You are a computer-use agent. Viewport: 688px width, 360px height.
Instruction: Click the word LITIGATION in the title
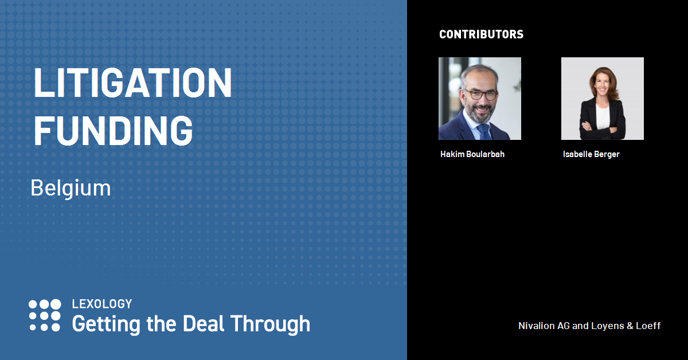[132, 83]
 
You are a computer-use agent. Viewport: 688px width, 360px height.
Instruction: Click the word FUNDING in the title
[113, 131]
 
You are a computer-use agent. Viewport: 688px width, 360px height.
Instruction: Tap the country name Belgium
[71, 188]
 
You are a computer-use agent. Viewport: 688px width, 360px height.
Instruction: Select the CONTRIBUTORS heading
[481, 34]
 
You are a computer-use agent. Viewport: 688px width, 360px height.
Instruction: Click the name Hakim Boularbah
[472, 154]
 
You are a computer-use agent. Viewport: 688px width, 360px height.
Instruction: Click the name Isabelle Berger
[591, 154]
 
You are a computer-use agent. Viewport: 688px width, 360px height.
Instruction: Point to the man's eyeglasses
[481, 95]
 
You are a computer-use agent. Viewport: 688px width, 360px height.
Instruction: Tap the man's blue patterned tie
[484, 131]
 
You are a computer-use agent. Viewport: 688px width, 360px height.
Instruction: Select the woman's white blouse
[602, 117]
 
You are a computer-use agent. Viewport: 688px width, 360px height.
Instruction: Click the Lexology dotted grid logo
[45, 315]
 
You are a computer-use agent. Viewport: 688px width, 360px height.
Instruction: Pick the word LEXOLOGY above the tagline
[102, 304]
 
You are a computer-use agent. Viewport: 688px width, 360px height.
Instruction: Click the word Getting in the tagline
[106, 324]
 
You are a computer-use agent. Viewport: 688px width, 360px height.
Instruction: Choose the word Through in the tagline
[270, 324]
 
